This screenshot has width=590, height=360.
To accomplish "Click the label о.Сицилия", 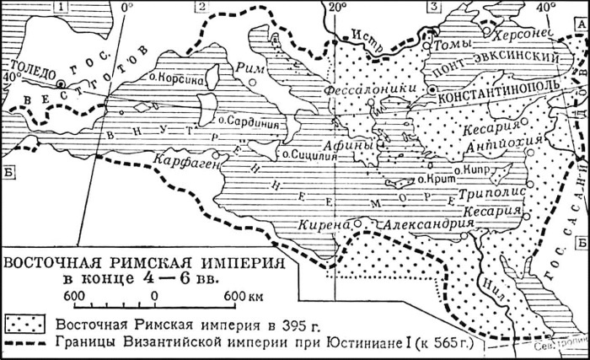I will (305, 154).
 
